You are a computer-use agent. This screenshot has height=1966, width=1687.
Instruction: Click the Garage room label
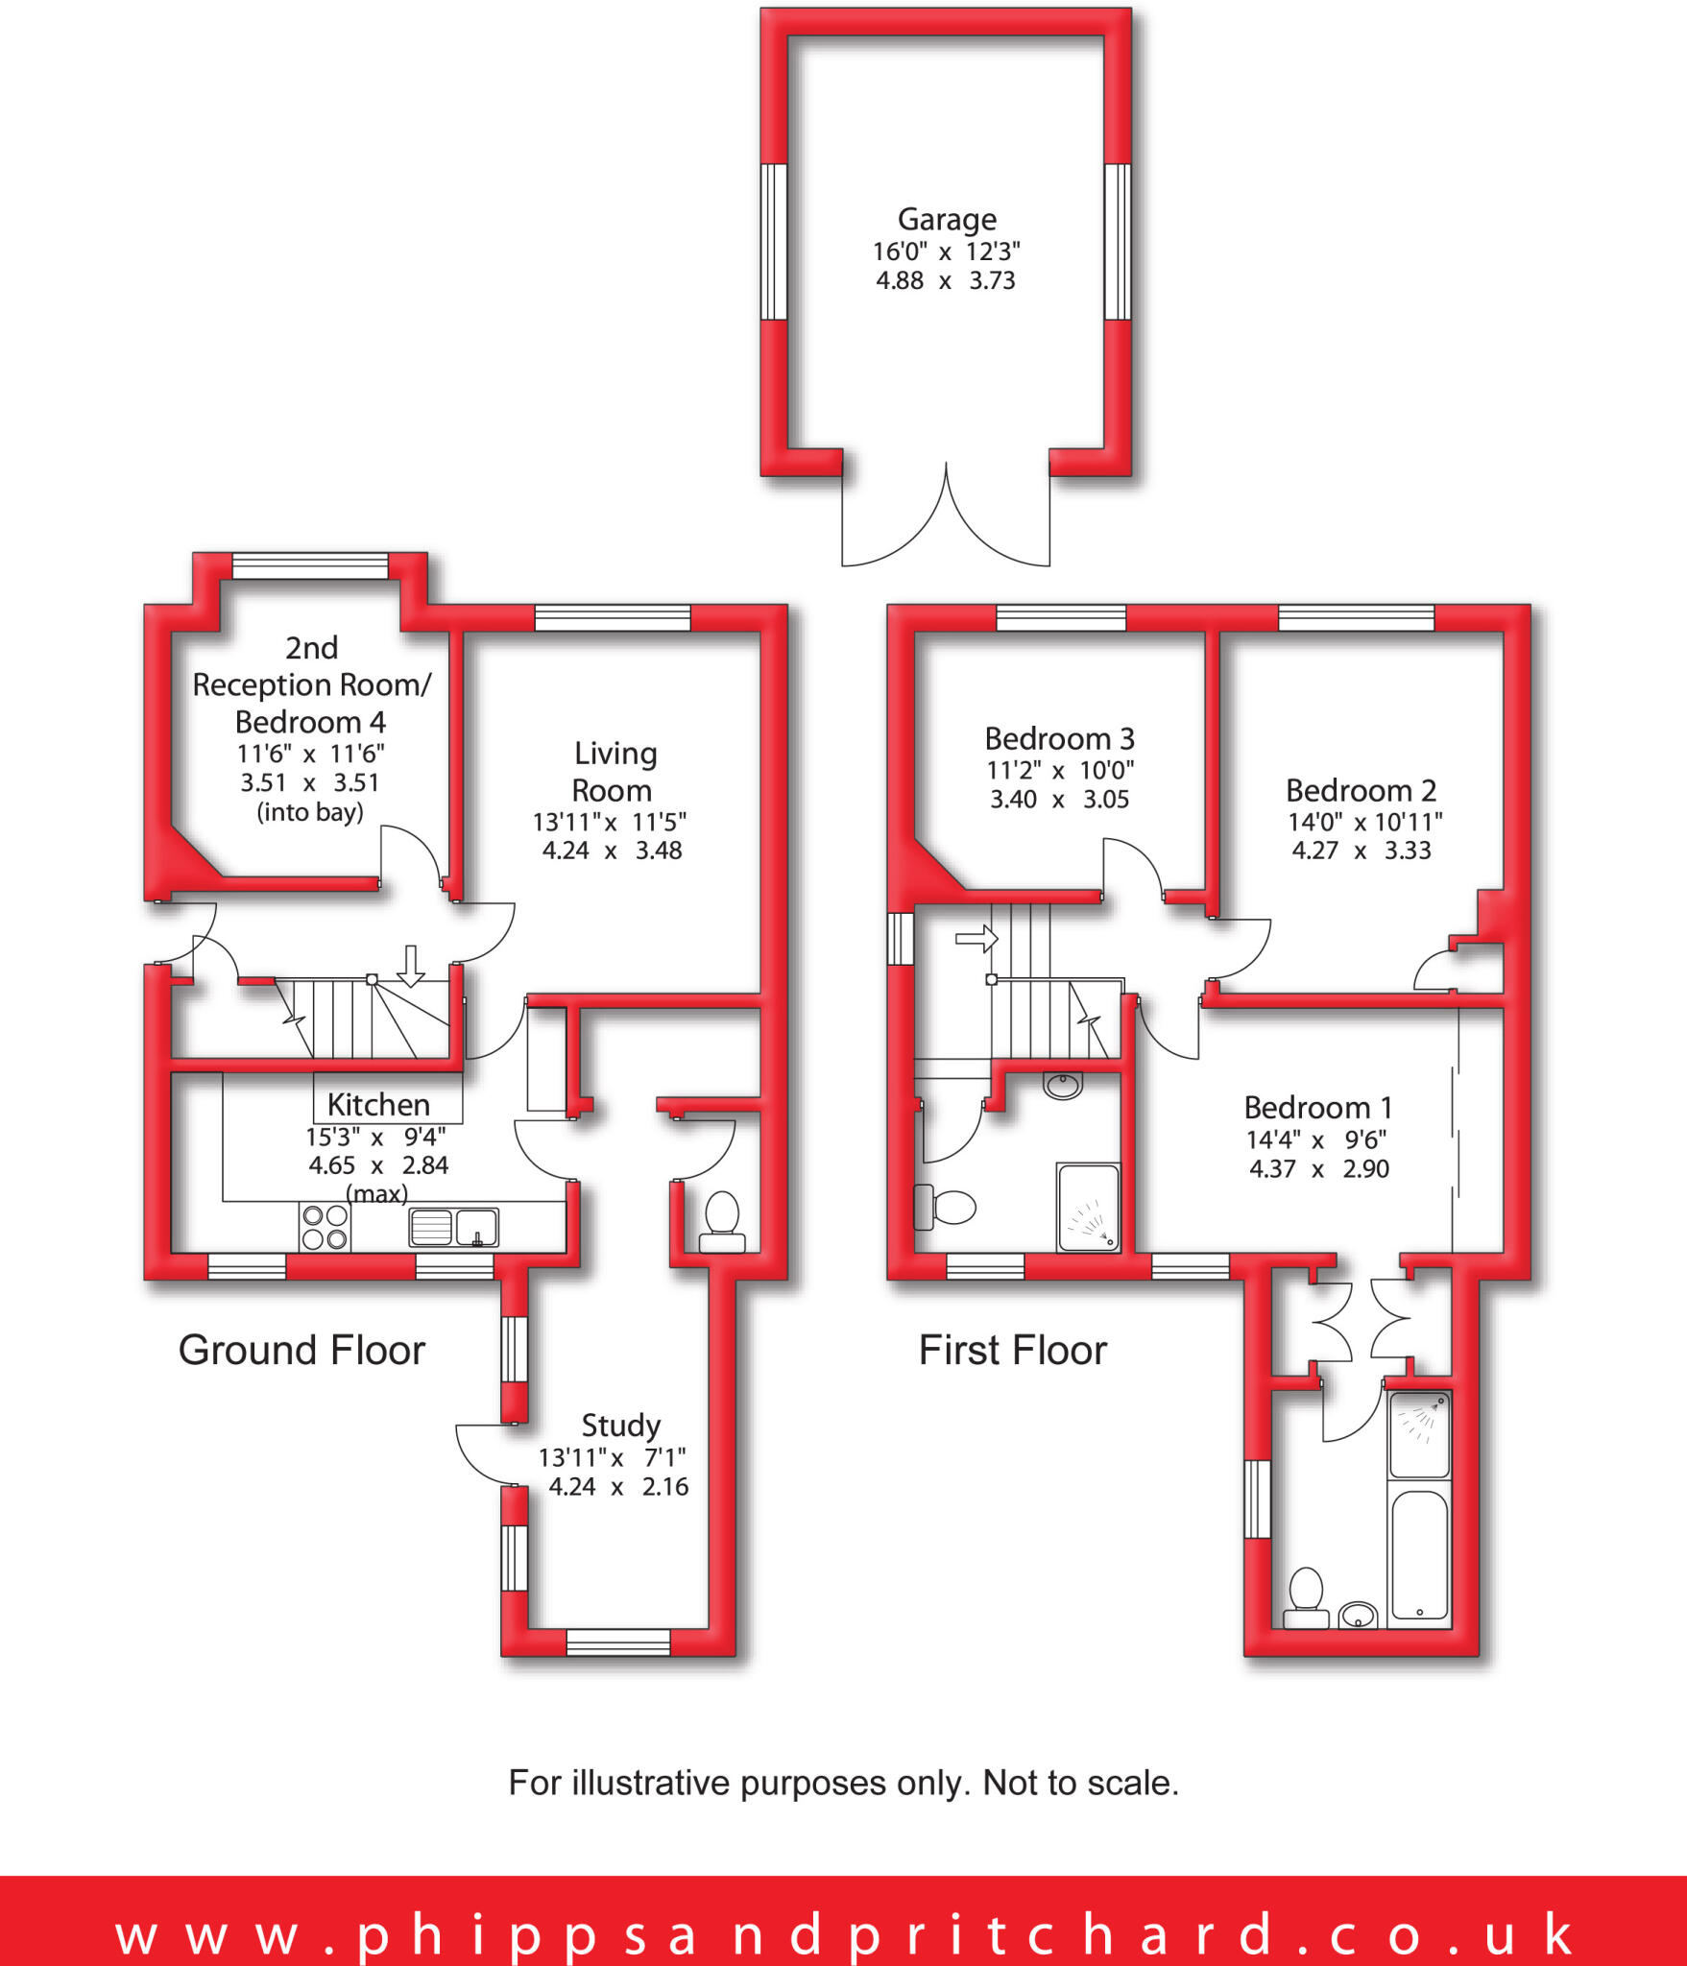pyautogui.click(x=947, y=220)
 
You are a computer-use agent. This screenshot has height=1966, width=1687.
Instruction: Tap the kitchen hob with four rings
pyautogui.click(x=325, y=1228)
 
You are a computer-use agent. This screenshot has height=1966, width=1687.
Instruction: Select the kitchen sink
pyautogui.click(x=453, y=1227)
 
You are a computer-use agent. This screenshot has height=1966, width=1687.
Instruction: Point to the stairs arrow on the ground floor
pyautogui.click(x=411, y=965)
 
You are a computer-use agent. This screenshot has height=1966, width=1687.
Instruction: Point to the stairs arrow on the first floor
pyautogui.click(x=976, y=938)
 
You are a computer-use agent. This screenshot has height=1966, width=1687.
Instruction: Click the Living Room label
pyautogui.click(x=614, y=772)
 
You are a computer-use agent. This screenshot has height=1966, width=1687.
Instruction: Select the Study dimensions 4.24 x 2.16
pyautogui.click(x=618, y=1487)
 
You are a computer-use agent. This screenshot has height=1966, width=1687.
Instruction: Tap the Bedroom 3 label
pyautogui.click(x=1059, y=739)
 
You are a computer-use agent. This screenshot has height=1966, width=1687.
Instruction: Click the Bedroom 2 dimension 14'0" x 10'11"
pyautogui.click(x=1364, y=822)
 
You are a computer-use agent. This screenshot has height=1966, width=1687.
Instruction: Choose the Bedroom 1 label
pyautogui.click(x=1317, y=1108)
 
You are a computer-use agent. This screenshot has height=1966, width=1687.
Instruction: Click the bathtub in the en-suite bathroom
pyautogui.click(x=1419, y=1555)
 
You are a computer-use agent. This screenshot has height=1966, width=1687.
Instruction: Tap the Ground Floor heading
pyautogui.click(x=301, y=1351)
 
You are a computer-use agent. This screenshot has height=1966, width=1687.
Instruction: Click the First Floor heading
pyautogui.click(x=1013, y=1351)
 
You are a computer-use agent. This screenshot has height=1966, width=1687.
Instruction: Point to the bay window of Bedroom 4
pyautogui.click(x=310, y=566)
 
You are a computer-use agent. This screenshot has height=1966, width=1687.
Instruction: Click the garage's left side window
pyautogui.click(x=774, y=241)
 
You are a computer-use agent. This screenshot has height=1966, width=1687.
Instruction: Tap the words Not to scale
pyautogui.click(x=1080, y=1783)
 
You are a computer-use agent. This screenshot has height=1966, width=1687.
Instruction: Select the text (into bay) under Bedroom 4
pyautogui.click(x=309, y=813)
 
